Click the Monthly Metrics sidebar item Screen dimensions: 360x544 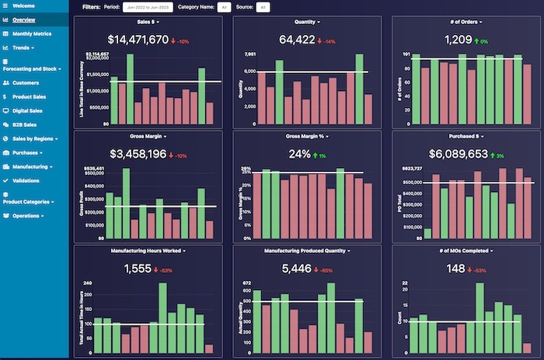pos(31,33)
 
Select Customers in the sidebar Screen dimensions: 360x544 pos(26,82)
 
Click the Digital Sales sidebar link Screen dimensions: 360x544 pos(27,110)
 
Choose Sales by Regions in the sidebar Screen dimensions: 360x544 pos(33,138)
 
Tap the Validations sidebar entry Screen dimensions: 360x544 pos(26,180)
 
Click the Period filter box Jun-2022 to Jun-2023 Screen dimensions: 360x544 pos(148,7)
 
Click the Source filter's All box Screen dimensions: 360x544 pos(263,7)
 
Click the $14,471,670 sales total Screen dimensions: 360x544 pos(138,40)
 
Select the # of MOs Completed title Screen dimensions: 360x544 pos(466,251)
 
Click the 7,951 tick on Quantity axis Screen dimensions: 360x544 pos(249,54)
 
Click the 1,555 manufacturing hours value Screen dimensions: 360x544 pos(138,269)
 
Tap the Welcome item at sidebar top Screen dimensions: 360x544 pos(24,5)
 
